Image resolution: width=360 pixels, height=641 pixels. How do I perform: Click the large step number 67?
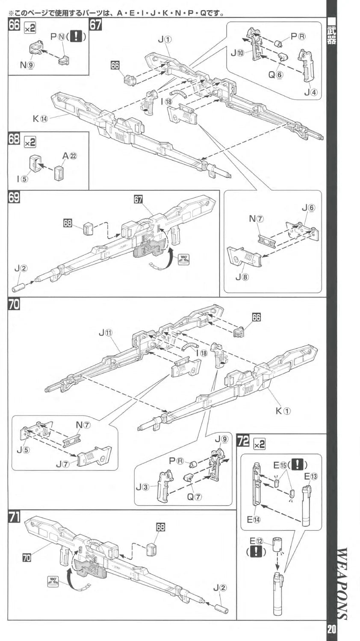(x=96, y=25)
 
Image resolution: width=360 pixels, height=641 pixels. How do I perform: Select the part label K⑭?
(x=41, y=118)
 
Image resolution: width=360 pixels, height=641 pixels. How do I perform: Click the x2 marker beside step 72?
(x=259, y=444)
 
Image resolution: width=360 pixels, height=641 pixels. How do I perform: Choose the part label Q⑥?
(x=276, y=74)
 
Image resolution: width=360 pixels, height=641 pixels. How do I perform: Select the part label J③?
(x=143, y=487)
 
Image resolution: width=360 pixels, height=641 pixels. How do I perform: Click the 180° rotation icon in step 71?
(x=53, y=581)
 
